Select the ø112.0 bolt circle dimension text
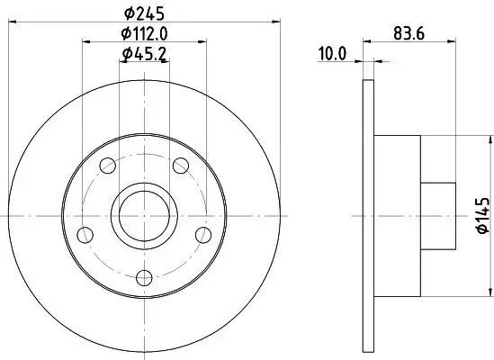coord(146,34)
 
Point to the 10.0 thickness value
coord(332,55)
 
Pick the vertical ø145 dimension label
coord(482,217)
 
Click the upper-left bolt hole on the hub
coord(109,166)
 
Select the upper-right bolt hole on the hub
coord(180,165)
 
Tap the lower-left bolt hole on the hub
coord(86,235)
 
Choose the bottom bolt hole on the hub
coord(144,276)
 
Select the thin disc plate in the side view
coord(368,216)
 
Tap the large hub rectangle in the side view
coord(397,216)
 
